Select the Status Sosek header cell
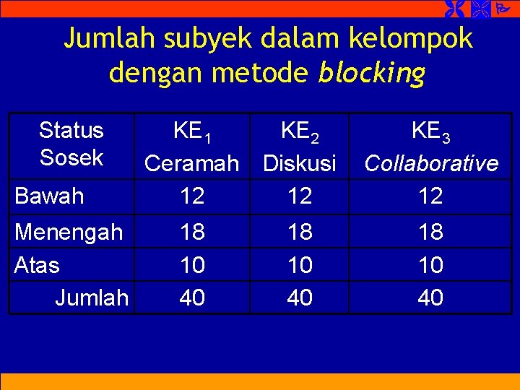(71, 144)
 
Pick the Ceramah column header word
(191, 164)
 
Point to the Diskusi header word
(300, 164)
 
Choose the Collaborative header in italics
(431, 164)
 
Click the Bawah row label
(49, 196)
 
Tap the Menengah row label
(69, 232)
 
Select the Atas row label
(37, 265)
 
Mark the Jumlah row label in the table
(92, 297)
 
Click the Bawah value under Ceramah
(192, 196)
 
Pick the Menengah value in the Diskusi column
(300, 232)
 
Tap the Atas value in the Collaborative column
(431, 265)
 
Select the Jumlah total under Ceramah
(192, 297)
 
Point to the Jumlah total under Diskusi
(300, 297)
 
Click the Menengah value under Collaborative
(431, 232)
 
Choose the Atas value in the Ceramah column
(192, 265)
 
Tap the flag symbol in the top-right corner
(502, 9)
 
